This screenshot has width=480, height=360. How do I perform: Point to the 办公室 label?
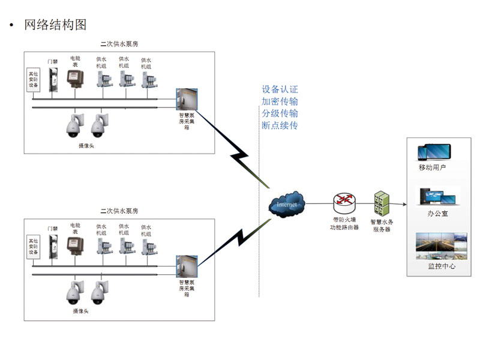tap(436, 212)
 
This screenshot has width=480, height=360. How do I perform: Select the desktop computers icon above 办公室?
tap(436, 196)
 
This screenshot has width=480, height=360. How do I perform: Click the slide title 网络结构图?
tap(55, 25)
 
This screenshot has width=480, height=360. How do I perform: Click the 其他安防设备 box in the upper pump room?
tap(32, 80)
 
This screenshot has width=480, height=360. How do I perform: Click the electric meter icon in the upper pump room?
tap(74, 79)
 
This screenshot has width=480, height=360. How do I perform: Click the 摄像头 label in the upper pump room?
tap(87, 145)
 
